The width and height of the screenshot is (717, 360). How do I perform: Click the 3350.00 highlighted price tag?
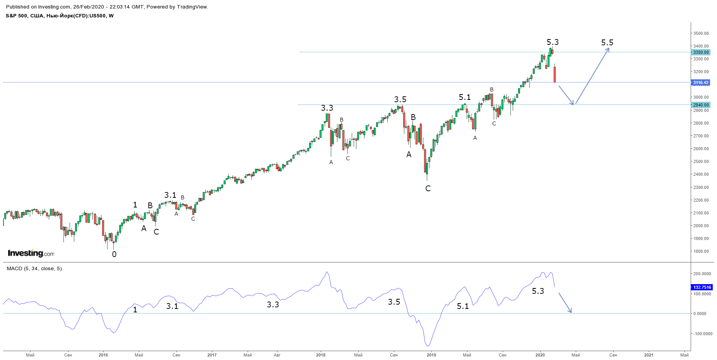pos(701,52)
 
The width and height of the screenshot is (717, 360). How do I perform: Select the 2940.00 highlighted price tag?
pos(701,105)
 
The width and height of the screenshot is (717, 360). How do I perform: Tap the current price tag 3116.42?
pos(701,82)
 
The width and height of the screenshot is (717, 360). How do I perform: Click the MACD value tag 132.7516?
pos(702,287)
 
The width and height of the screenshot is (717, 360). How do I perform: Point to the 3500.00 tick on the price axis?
pos(701,34)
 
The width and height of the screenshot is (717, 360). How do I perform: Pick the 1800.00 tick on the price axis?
pos(701,251)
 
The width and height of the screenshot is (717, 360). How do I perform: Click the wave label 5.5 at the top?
pos(607,43)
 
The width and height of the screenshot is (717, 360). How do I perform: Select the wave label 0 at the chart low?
pos(114,254)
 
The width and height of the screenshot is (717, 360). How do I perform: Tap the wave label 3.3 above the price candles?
pos(327,108)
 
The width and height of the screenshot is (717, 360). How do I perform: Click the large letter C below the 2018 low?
pos(428,189)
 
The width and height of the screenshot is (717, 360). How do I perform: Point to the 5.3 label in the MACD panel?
pos(538,291)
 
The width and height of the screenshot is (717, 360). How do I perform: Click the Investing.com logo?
pos(31,253)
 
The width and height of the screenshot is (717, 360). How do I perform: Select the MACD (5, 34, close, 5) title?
pos(34,268)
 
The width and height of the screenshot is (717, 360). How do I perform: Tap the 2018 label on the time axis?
pos(321,355)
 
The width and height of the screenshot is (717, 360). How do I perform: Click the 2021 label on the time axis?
pos(649,355)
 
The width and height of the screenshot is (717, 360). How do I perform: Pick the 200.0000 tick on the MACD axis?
pos(702,274)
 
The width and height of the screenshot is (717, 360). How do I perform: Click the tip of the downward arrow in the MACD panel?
pos(571,312)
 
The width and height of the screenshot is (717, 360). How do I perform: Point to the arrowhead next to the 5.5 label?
pos(609,48)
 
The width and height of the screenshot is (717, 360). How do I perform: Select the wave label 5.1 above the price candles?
pos(465,97)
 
